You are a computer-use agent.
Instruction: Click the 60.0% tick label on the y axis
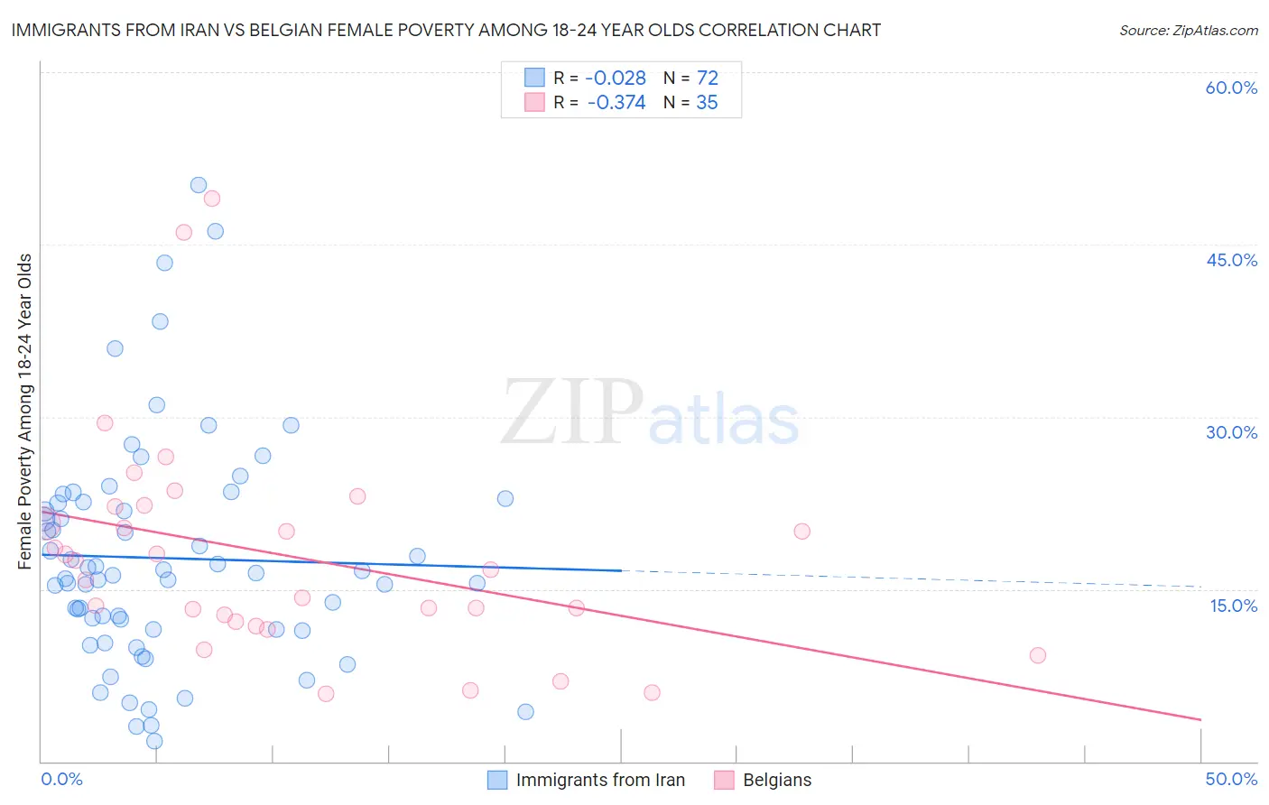coord(1231,88)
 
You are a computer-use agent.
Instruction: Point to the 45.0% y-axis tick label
coord(1231,260)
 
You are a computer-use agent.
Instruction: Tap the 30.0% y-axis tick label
coord(1231,432)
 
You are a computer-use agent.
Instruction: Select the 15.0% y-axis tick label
coord(1233,606)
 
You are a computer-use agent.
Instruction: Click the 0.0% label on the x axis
coord(61,779)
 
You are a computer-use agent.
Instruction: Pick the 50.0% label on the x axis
coord(1231,779)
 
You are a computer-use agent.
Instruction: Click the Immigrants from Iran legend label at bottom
coord(600,780)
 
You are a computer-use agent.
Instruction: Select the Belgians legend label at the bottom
coord(777,780)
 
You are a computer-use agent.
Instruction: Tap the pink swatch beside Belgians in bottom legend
coord(724,780)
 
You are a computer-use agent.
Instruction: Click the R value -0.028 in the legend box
coord(616,79)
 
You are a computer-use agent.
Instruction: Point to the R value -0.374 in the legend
coord(616,103)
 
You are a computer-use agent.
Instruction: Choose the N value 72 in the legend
coord(707,79)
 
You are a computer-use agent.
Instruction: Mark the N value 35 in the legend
coord(707,103)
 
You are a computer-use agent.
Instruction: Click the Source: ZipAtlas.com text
coord(1188,31)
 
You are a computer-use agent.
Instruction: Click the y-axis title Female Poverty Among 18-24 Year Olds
coord(25,412)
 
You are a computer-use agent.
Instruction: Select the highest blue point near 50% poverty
coord(199,185)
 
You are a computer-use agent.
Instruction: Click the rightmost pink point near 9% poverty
coord(1038,655)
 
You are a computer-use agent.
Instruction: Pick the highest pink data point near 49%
coord(212,199)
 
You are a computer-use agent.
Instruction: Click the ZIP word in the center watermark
coord(571,413)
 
